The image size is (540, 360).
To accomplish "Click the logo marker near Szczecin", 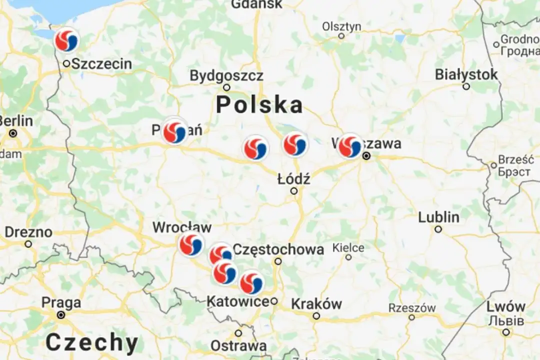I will [x=66, y=40].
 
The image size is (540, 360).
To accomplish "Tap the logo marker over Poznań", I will [x=175, y=133].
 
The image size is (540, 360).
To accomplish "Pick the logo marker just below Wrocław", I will [x=191, y=245].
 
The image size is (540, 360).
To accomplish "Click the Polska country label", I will [x=259, y=105].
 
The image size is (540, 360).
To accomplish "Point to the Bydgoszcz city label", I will [x=226, y=76].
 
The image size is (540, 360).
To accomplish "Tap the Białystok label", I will [x=466, y=74].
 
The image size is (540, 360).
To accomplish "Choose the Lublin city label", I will [x=438, y=217].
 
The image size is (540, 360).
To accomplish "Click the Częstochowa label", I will [x=278, y=249].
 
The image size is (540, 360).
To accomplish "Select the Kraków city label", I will [x=316, y=303].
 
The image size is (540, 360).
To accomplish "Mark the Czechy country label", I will [x=92, y=343].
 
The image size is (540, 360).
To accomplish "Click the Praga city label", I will [x=61, y=303].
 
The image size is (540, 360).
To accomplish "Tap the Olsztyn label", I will [x=341, y=26].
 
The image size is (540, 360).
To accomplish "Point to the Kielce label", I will [x=348, y=247].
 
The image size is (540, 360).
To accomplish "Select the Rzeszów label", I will [x=411, y=308].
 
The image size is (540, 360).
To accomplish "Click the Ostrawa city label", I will [x=238, y=345].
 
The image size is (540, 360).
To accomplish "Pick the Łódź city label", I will [x=294, y=179].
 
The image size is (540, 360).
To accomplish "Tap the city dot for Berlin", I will [x=13, y=133].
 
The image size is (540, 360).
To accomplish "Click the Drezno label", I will [x=28, y=232].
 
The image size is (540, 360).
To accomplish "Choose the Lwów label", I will [x=506, y=306].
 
